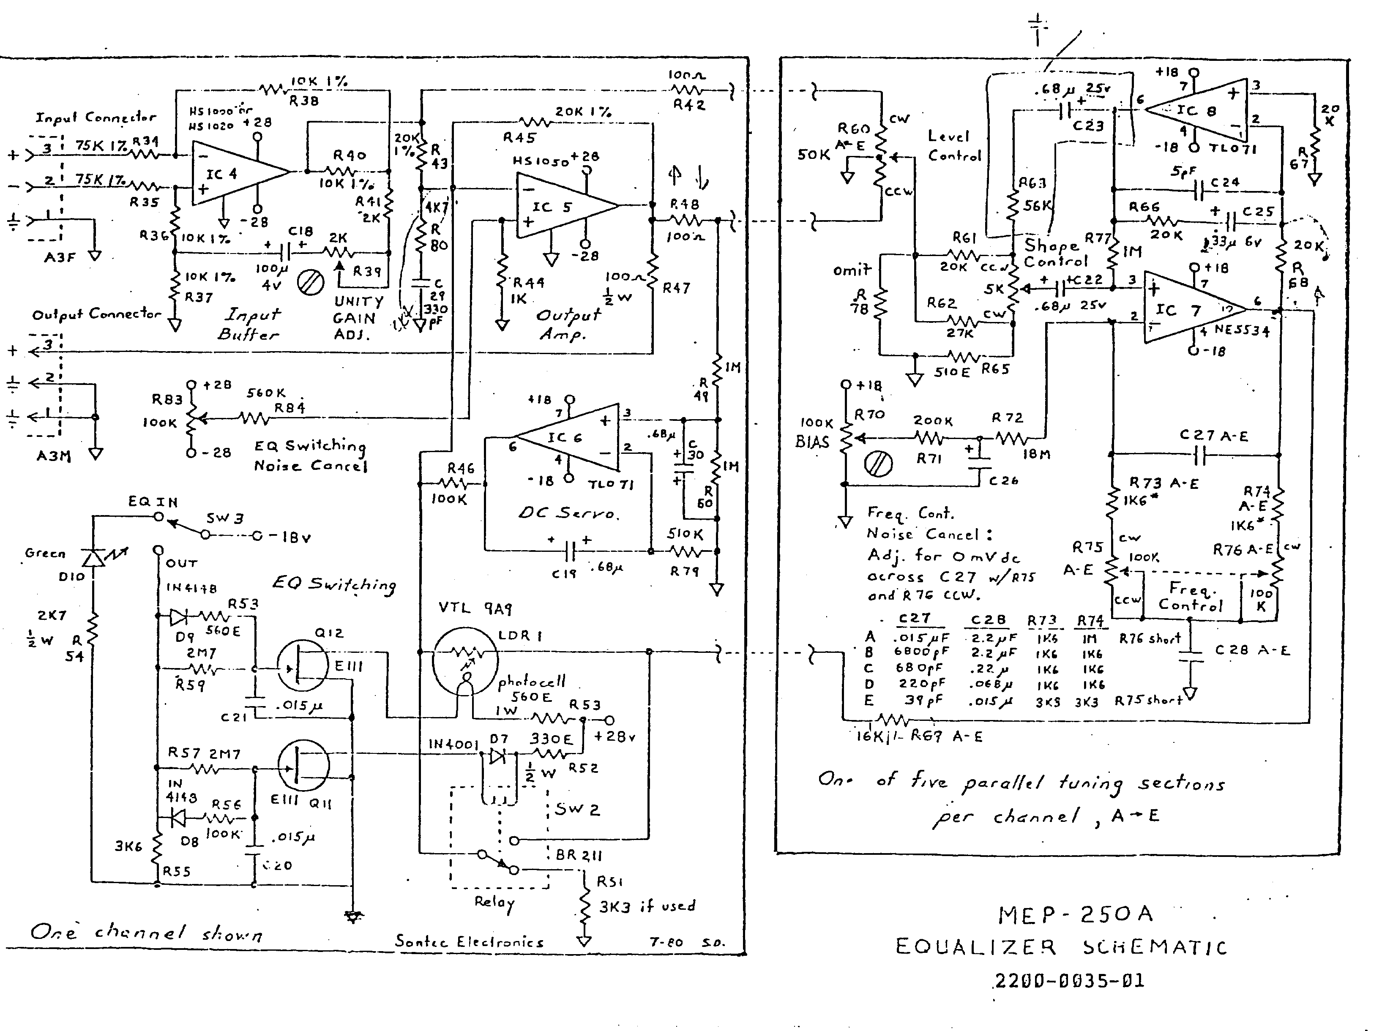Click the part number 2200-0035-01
pyautogui.click(x=1069, y=980)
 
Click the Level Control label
pyautogui.click(x=954, y=145)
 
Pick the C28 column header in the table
pyautogui.click(x=988, y=619)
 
